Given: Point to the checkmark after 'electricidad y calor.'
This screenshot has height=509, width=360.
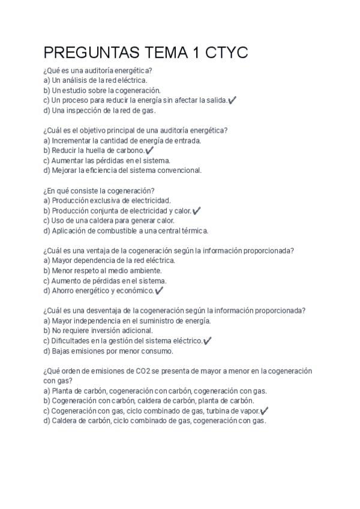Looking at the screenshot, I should click(197, 211).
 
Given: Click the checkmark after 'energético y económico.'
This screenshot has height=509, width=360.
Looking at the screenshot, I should click(159, 291).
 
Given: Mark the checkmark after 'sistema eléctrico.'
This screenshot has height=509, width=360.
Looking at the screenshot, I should click(208, 341).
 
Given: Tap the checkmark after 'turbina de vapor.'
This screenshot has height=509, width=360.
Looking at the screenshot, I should click(265, 411).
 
